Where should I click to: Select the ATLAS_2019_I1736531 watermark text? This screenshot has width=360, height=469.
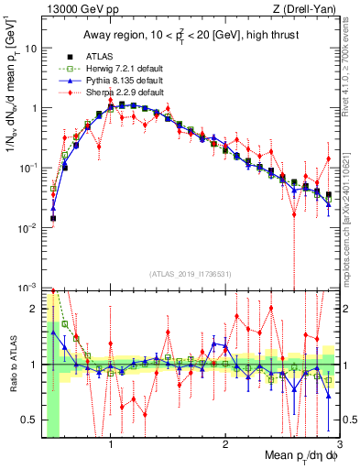point(190,273)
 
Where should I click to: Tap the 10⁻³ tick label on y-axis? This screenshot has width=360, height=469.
point(27,288)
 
